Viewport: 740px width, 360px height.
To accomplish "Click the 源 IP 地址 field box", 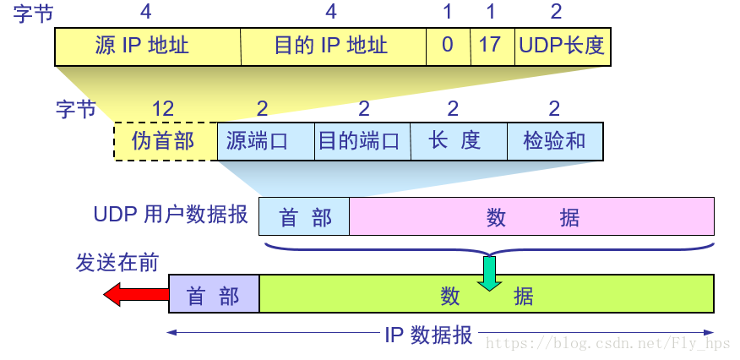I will tap(148, 46).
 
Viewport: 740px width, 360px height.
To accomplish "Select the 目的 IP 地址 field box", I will tap(333, 46).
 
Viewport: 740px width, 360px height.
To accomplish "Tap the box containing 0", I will tap(448, 46).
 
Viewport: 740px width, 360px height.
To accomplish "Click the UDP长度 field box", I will tap(563, 46).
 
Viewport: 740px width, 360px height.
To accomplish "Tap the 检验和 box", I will tap(555, 141).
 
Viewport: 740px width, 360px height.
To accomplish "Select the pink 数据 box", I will tap(532, 216).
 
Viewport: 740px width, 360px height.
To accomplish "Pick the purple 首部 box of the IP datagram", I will tap(214, 295).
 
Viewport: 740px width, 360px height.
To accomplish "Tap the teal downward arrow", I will tap(489, 273).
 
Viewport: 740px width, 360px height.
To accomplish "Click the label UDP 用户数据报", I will tap(171, 215).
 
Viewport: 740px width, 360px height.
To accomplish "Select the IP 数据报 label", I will tap(428, 335).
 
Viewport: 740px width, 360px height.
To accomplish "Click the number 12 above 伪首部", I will tap(163, 109).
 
